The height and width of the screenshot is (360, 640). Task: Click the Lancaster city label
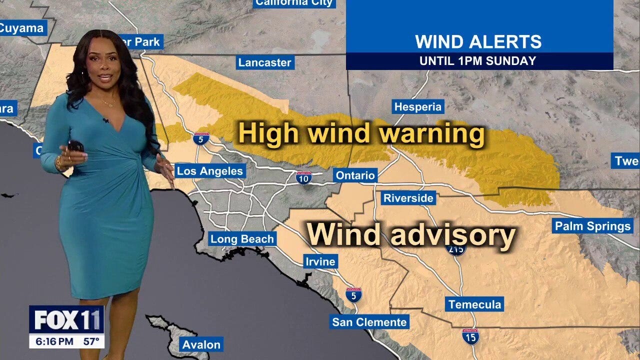pos(264,62)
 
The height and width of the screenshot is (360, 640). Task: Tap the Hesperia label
pos(418,106)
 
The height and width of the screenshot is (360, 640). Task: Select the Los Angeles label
pos(210,171)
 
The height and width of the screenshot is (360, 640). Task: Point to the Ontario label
pos(355,175)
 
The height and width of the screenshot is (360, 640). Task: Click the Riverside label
pos(408,198)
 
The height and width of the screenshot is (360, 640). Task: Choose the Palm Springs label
pos(592,226)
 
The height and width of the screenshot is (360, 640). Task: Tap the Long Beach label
pos(242,239)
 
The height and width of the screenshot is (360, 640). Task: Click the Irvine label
pos(320,261)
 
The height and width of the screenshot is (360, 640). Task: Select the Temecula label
pos(474,304)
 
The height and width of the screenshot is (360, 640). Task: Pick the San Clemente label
pos(369,322)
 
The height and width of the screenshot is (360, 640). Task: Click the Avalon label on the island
pos(201,344)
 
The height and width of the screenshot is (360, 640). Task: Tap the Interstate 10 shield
pos(303,177)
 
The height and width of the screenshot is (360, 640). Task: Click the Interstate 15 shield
pos(470,336)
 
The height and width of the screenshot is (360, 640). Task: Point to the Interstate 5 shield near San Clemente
pos(353,294)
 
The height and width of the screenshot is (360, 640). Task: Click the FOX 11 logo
pos(66,320)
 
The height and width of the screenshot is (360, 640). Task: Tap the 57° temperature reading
pos(90,342)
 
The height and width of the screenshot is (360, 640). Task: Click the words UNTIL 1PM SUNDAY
pos(477,61)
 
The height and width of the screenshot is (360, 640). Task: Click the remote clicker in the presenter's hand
pos(74,146)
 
